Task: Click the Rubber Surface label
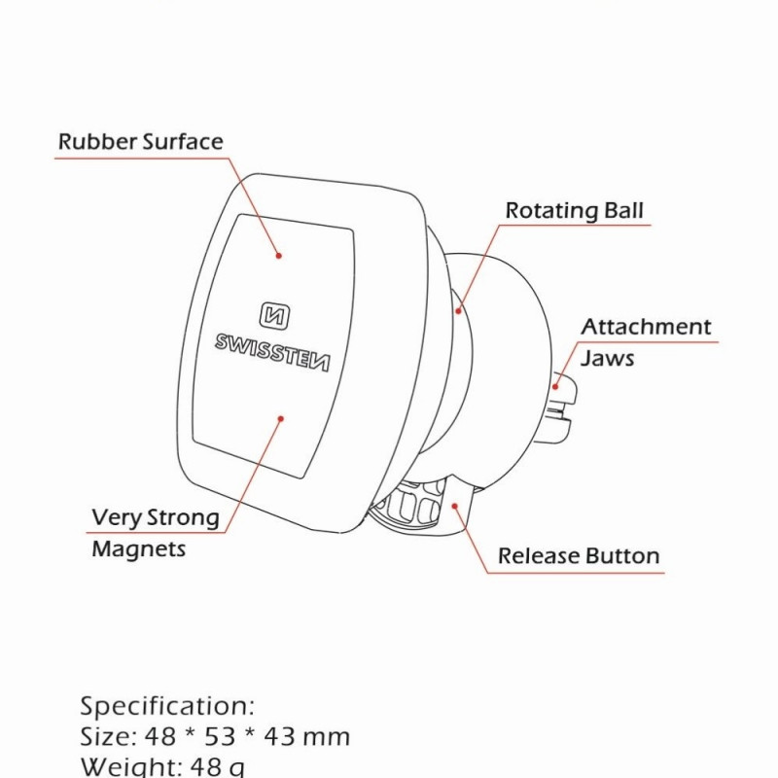tap(140, 142)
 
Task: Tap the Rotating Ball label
tap(574, 211)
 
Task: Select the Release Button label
tap(579, 557)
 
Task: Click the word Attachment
tap(646, 328)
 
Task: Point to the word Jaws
tap(608, 358)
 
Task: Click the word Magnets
tap(138, 549)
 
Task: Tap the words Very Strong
tap(156, 517)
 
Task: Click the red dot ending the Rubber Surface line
tap(279, 257)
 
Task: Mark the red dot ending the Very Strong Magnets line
tap(281, 419)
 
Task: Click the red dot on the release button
tap(454, 504)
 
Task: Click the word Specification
tap(166, 705)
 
